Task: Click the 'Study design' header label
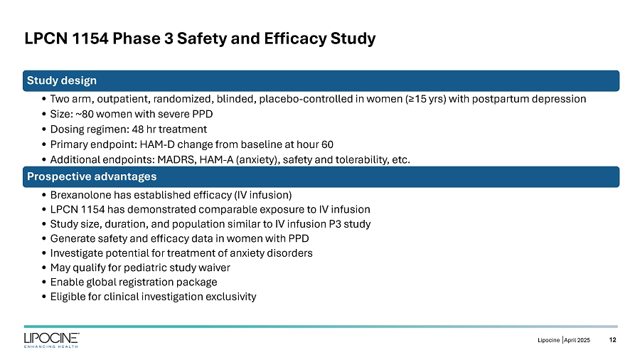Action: point(62,80)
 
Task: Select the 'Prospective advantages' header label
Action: point(92,176)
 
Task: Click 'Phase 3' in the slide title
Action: point(138,38)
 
